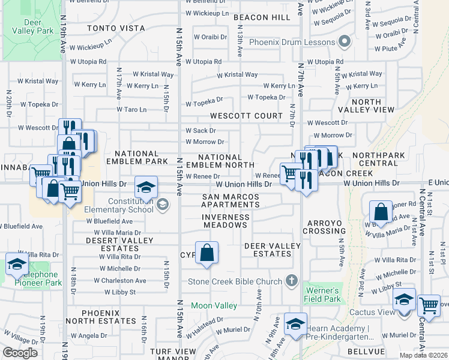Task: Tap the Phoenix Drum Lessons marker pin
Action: point(344,42)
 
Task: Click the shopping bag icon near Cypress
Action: point(206,253)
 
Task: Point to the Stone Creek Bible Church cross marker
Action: point(291,281)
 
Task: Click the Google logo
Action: point(20,353)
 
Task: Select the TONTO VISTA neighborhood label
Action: point(116,28)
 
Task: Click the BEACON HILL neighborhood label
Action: point(262,18)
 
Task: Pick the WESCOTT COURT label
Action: point(246,115)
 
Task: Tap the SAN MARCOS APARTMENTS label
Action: point(231,200)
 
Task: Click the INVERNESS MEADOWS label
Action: point(224,221)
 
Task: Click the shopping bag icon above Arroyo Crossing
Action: point(381,212)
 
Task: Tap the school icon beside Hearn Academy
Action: point(295,324)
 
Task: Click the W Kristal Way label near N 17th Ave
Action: point(153,74)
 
